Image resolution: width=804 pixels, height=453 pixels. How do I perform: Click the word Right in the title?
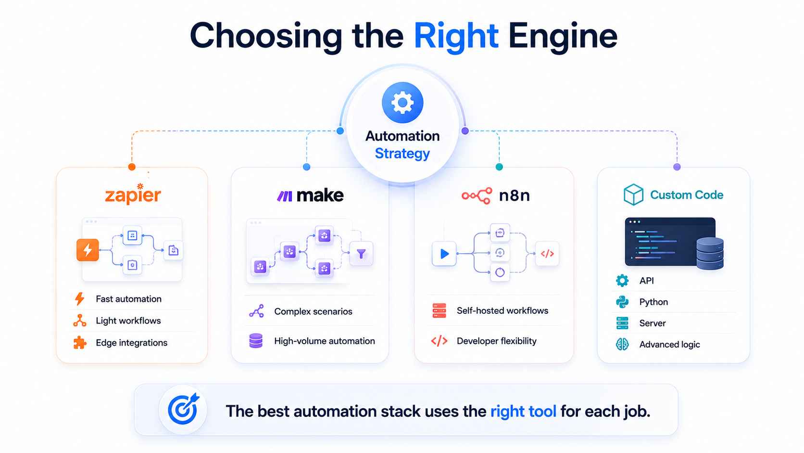point(456,36)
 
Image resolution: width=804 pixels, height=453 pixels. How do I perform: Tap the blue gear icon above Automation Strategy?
point(402,103)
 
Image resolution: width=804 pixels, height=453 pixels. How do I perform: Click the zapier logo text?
point(133,194)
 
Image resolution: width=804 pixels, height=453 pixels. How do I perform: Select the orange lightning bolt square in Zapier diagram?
point(88,250)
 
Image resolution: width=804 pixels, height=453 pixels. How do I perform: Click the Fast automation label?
point(128,299)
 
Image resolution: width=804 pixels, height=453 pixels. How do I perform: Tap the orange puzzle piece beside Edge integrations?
point(80,342)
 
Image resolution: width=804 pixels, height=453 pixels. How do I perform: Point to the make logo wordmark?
point(320,195)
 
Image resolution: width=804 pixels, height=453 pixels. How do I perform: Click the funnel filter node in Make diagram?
point(361,254)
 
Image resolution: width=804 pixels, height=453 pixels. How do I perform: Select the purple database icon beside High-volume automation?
point(256,340)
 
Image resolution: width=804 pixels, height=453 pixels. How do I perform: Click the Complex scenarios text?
point(313,311)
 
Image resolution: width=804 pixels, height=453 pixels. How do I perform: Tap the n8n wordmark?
point(515,195)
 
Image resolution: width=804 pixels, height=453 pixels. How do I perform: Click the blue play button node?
point(444,254)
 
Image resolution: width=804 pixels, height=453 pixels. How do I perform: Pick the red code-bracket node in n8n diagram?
point(547,254)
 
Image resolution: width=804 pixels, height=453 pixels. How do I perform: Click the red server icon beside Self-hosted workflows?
point(440,311)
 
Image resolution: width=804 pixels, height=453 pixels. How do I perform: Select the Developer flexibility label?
point(496,340)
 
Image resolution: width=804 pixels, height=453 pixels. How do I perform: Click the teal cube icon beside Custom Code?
point(633,194)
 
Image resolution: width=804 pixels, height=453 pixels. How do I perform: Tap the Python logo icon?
point(622,302)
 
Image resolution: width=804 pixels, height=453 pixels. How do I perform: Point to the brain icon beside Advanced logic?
point(622,344)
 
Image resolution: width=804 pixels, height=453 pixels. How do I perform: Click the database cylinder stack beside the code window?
point(710,254)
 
